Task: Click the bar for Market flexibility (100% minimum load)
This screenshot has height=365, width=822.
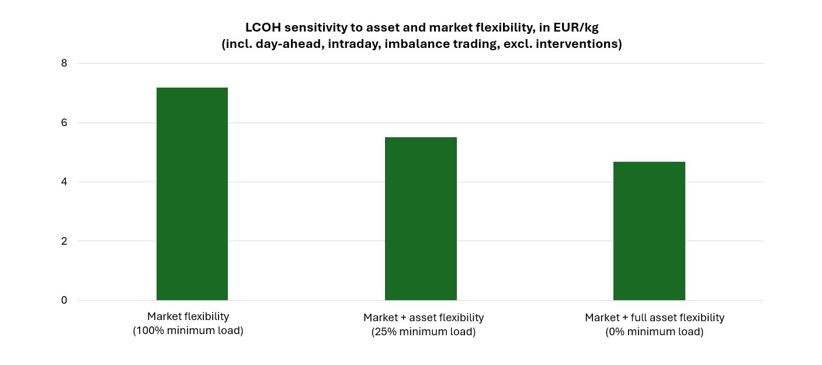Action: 192,194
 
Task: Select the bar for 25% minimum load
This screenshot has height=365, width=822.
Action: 421,219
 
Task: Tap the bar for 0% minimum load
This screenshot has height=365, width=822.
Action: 649,231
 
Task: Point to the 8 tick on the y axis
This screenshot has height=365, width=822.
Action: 64,63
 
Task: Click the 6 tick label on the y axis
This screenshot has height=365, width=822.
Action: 64,123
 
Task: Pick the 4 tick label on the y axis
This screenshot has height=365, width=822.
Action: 64,182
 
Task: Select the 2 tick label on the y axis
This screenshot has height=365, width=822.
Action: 64,241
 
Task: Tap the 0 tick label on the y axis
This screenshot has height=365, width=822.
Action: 64,300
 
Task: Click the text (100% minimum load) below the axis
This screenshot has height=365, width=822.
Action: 188,331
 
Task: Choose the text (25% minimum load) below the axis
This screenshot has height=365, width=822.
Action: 424,332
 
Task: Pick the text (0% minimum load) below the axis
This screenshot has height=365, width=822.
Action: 654,332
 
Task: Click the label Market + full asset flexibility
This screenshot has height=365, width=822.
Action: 654,318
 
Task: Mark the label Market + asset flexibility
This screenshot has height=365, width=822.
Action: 424,318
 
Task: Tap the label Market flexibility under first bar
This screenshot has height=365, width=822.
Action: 188,317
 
